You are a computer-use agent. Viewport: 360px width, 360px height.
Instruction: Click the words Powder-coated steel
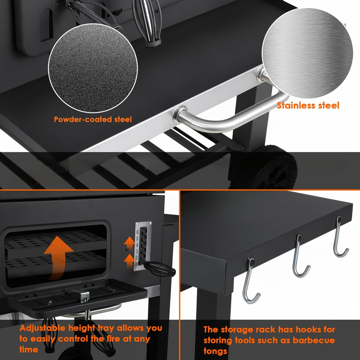click(x=93, y=120)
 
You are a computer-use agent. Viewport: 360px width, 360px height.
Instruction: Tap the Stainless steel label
click(x=308, y=105)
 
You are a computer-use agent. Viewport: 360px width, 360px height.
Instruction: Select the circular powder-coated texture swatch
click(x=93, y=68)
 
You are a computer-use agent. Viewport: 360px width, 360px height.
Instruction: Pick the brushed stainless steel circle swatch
click(x=307, y=53)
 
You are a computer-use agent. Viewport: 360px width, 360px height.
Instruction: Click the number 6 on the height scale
click(x=137, y=232)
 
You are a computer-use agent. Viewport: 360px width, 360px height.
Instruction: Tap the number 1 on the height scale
click(x=136, y=264)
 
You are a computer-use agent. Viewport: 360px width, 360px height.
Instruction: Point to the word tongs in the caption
click(x=215, y=351)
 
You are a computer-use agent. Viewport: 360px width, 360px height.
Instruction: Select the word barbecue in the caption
click(x=314, y=340)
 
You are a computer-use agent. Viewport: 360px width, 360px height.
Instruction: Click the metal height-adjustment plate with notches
click(x=143, y=246)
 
